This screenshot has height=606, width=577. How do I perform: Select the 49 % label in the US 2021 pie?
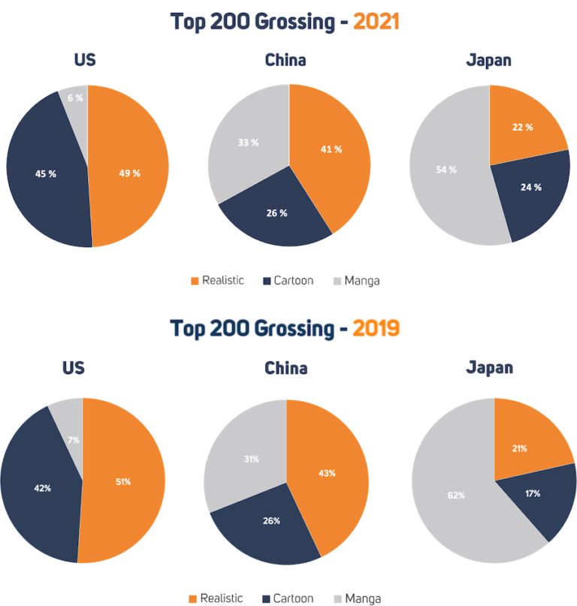[x=130, y=173]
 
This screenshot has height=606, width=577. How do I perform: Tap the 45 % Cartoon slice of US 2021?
[x=46, y=173]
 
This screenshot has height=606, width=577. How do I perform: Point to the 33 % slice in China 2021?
[x=249, y=143]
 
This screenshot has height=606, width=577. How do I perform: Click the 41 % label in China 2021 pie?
[x=331, y=149]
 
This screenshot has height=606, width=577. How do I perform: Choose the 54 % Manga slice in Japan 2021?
[x=446, y=170]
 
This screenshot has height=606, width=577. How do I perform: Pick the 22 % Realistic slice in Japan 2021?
[x=523, y=128]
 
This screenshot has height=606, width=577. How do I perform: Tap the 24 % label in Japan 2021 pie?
[x=531, y=187]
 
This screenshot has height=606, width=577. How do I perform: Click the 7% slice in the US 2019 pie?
[x=72, y=440]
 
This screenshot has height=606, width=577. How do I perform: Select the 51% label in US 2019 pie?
[x=123, y=481]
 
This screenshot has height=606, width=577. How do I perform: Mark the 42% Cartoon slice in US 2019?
[x=43, y=488]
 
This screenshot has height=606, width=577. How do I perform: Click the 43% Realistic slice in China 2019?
[x=327, y=474]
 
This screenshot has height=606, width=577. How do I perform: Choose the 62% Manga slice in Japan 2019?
[x=456, y=495]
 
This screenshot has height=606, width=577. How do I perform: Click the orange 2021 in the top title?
[x=376, y=22]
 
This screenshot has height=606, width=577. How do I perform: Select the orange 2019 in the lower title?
[x=376, y=329]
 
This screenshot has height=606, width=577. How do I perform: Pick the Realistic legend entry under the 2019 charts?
[x=215, y=598]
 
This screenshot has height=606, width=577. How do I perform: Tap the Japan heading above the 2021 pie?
[x=488, y=60]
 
